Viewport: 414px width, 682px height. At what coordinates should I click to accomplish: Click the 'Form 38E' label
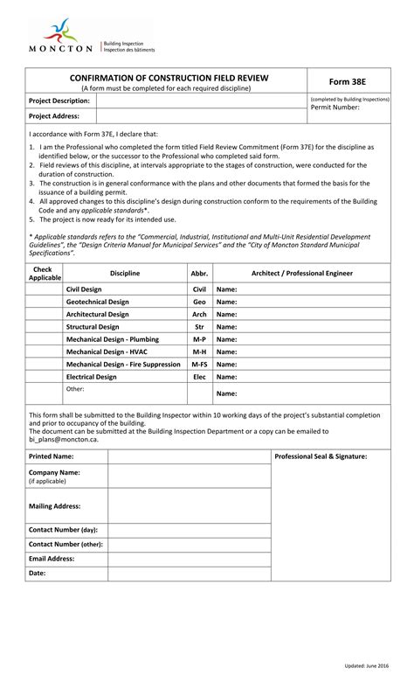(x=348, y=80)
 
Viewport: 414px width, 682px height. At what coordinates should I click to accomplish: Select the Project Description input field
(x=200, y=101)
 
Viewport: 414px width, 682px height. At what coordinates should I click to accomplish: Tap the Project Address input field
(x=200, y=115)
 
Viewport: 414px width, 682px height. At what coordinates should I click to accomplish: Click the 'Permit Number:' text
(x=335, y=108)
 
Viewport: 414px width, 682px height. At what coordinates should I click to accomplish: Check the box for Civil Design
(x=44, y=289)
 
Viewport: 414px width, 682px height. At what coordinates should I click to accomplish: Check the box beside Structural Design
(x=44, y=326)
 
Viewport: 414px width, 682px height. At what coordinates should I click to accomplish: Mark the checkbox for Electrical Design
(x=44, y=377)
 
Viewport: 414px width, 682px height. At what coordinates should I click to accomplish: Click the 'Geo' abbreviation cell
(x=199, y=302)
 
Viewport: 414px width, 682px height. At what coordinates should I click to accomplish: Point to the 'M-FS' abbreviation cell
(x=199, y=365)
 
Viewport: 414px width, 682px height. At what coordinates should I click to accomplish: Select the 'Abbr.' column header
(x=199, y=274)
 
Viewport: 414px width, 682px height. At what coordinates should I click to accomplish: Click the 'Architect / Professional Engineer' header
(x=301, y=274)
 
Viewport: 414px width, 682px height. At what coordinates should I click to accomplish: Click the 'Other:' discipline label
(x=75, y=388)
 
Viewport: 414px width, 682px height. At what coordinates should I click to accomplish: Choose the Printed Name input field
(x=188, y=456)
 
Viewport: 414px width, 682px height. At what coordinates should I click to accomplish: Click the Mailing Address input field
(x=188, y=505)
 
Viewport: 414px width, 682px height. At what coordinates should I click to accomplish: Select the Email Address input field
(x=188, y=558)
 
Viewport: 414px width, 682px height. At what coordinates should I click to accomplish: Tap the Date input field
(x=188, y=574)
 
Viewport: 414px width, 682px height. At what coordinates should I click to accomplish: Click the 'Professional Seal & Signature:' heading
(x=321, y=456)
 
